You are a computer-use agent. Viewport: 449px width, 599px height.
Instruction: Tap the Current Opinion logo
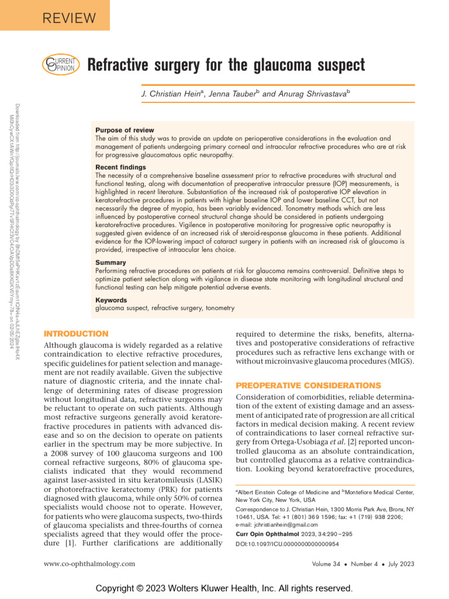click(x=59, y=65)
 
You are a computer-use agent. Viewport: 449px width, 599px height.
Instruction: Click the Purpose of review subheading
click(x=125, y=130)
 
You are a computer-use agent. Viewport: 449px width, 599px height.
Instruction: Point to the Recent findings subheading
click(x=120, y=167)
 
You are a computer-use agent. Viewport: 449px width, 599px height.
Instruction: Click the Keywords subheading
click(x=111, y=300)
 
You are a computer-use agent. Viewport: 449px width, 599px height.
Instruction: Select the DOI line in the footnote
click(x=287, y=544)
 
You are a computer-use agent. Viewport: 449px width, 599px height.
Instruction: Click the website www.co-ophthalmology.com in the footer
click(x=90, y=563)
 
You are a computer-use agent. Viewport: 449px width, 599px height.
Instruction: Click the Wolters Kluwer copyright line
click(x=224, y=588)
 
